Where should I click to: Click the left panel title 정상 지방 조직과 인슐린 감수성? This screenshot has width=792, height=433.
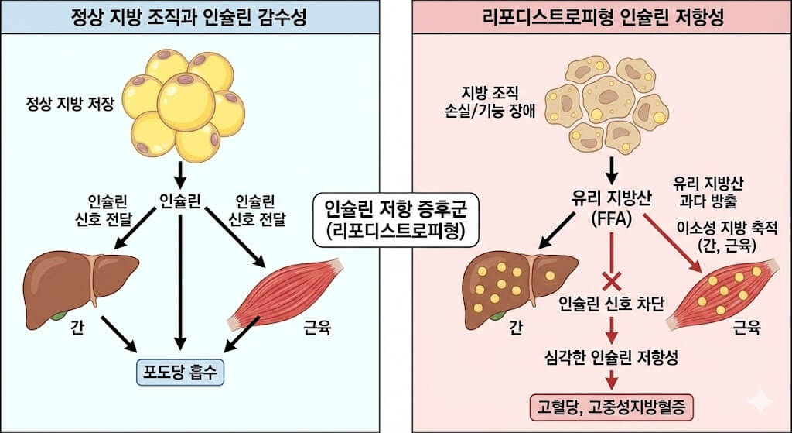click(x=189, y=17)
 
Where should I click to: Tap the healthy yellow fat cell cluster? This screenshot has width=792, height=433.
click(x=183, y=104)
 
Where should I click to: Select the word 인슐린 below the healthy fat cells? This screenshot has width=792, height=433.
click(x=179, y=201)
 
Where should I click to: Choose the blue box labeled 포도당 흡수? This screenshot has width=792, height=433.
click(x=179, y=372)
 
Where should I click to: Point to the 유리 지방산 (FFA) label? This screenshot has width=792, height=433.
click(x=612, y=209)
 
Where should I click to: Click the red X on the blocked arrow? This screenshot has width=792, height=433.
click(x=612, y=279)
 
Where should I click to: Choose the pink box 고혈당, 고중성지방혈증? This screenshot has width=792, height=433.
click(x=612, y=404)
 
